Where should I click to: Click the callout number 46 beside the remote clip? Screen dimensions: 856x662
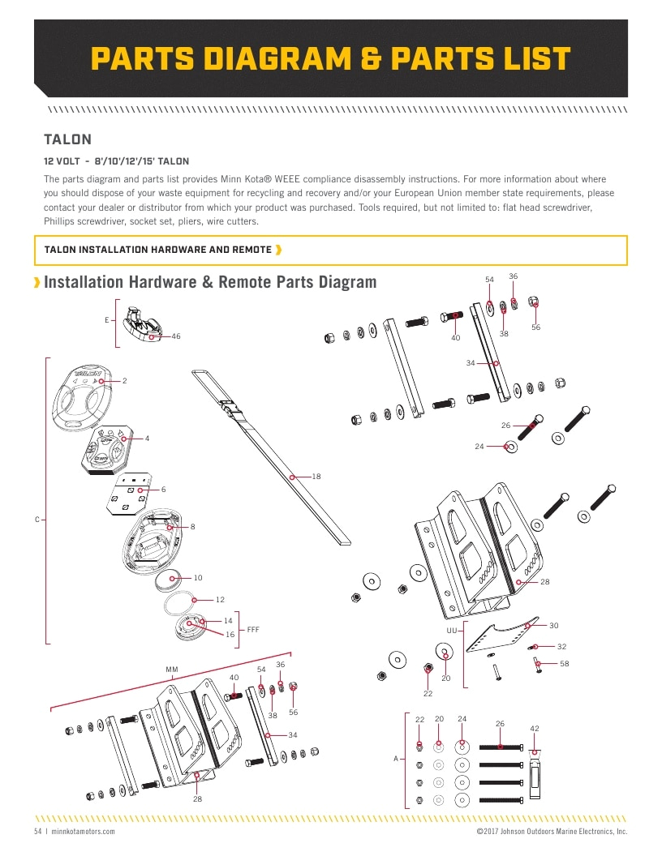pos(176,336)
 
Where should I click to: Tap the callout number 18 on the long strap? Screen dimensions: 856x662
pos(316,476)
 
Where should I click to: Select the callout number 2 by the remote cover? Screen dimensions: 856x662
pos(125,380)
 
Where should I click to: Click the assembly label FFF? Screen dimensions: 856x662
pos(253,629)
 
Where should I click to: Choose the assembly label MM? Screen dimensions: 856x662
pos(172,670)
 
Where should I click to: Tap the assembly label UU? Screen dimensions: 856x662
pos(452,630)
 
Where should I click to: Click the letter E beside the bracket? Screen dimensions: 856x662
pos(106,320)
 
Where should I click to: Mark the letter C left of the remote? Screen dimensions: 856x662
pos(37,520)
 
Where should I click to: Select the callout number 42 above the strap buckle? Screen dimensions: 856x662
pos(535,729)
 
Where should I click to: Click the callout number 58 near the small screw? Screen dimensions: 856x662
pos(564,664)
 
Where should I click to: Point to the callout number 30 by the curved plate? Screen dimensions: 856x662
pos(554,625)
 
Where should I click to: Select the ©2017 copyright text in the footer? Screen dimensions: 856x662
pos(552,832)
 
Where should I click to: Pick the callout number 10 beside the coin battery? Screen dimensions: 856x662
pos(198,578)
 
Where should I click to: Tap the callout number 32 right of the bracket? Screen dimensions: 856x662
pos(561,646)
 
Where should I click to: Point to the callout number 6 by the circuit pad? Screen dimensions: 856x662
pos(163,490)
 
